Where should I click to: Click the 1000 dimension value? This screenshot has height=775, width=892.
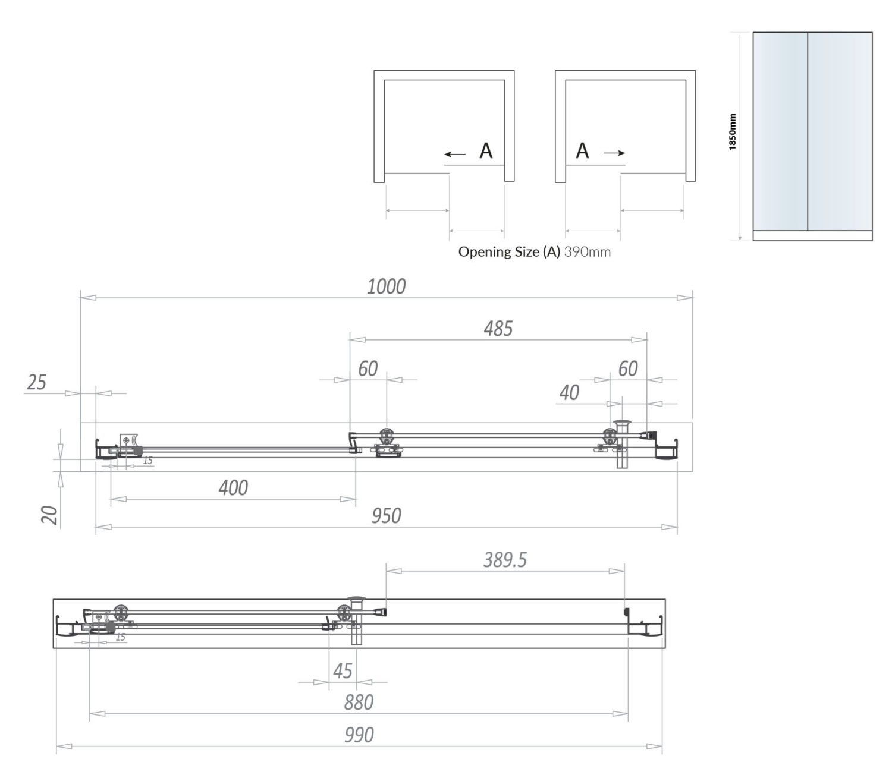(387, 286)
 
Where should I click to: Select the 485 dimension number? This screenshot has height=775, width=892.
(498, 328)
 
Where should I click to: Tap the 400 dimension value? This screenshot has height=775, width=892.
(233, 488)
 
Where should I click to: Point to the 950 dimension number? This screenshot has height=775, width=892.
(387, 515)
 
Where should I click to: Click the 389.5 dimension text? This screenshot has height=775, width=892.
(505, 560)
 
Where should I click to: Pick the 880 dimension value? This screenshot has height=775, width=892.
(359, 702)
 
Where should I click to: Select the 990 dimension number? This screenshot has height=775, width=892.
(359, 735)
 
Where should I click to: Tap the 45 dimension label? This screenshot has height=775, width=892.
(343, 671)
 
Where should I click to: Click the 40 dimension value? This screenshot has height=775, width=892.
(569, 393)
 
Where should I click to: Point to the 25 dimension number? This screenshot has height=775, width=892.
(36, 382)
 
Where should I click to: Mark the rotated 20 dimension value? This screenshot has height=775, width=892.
(50, 515)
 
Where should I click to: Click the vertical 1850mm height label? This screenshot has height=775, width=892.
(733, 132)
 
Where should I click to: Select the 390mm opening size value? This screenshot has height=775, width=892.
(587, 251)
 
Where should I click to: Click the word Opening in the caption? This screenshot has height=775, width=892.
(479, 252)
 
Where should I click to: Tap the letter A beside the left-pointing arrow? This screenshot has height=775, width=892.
(486, 152)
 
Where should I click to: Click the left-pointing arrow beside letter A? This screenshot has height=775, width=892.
(456, 155)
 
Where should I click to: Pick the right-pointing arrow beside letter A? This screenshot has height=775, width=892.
(614, 153)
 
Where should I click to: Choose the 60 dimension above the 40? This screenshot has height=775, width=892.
(628, 369)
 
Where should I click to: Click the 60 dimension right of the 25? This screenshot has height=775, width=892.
(368, 369)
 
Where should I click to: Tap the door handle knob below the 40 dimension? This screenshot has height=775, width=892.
(622, 423)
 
